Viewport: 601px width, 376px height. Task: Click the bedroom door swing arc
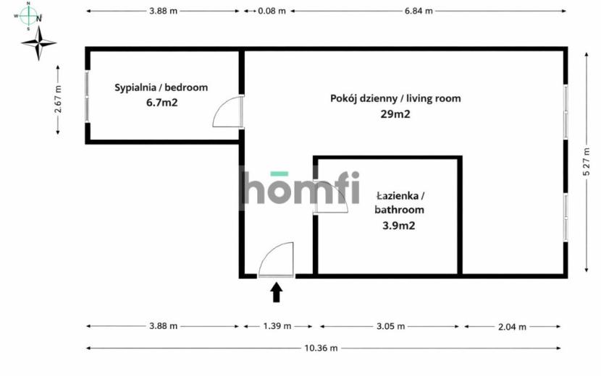tap(220, 106)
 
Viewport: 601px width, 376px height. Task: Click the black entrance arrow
tap(277, 292)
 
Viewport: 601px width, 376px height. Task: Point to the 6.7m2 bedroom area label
tap(161, 103)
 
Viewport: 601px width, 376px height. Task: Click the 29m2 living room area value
tap(395, 114)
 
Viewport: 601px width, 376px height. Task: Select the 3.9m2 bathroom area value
tap(399, 226)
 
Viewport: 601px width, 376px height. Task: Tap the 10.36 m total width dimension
tap(321, 348)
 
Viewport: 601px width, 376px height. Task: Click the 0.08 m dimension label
tap(272, 11)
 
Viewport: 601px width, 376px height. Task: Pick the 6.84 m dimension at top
tap(419, 11)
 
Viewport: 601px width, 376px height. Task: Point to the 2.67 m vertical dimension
tap(58, 100)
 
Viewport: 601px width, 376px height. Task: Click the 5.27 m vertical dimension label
tap(586, 162)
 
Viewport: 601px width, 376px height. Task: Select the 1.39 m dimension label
tap(277, 326)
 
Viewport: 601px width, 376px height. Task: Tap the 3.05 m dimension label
tap(390, 326)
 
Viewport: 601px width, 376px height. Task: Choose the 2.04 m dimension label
tap(512, 327)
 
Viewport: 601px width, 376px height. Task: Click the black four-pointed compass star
tap(38, 43)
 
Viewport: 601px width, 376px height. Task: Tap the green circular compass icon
tap(28, 16)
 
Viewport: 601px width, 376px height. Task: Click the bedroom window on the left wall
tap(87, 96)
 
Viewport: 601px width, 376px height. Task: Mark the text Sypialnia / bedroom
tap(161, 87)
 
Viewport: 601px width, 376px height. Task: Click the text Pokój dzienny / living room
tap(395, 98)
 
